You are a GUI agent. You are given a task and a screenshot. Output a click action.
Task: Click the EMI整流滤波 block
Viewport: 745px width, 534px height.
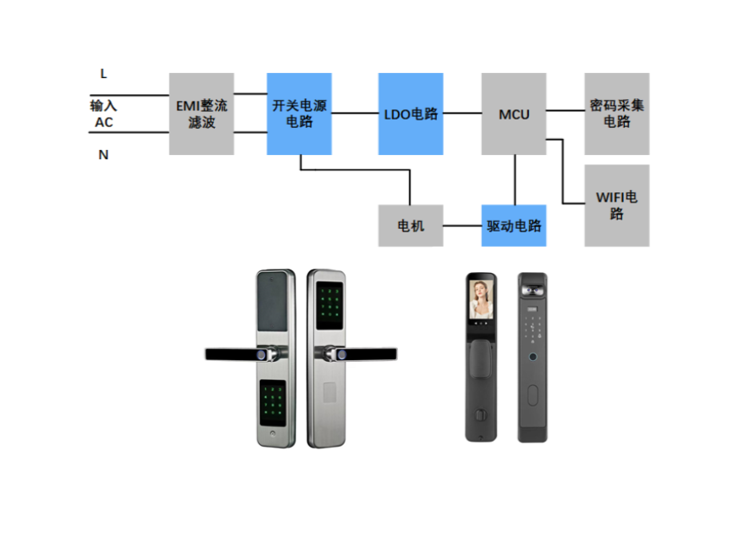[x=201, y=114]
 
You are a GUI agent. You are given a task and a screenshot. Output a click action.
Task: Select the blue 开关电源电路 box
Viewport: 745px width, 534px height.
[x=299, y=114]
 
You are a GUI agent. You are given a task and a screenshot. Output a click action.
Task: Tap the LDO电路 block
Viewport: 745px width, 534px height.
[x=411, y=114]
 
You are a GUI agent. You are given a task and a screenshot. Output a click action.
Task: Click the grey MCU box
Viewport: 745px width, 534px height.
[x=514, y=114]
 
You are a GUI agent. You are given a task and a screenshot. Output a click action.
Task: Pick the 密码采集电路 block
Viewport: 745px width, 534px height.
[x=617, y=114]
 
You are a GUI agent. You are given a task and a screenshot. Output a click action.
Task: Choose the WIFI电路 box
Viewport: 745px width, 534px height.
[x=617, y=205]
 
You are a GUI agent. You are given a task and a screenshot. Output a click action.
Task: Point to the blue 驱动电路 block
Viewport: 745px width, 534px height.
[x=514, y=225]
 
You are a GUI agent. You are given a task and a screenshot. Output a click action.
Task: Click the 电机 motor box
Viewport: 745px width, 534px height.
[x=411, y=225]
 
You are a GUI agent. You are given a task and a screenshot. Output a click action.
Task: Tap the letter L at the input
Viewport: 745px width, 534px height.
[x=103, y=74]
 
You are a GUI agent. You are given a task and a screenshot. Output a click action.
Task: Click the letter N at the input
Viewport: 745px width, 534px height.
[x=103, y=154]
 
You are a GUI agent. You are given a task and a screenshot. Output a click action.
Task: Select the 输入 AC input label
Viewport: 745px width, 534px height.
[x=103, y=114]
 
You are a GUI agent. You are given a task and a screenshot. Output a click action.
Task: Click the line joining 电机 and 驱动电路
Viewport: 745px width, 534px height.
[x=462, y=225]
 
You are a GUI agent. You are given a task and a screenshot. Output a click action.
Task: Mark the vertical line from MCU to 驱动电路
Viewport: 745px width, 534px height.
[x=514, y=179]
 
